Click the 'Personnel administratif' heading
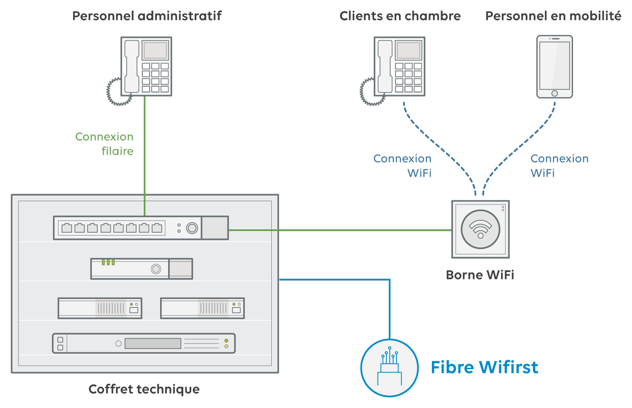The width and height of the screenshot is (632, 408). [x=147, y=16]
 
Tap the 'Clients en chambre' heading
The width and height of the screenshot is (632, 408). [x=400, y=16]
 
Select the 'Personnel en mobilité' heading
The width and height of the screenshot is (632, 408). [x=553, y=16]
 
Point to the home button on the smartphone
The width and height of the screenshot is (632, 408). [x=554, y=93]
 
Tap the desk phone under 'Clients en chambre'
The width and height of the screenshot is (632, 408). [x=399, y=67]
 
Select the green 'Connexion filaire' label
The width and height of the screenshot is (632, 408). [x=104, y=144]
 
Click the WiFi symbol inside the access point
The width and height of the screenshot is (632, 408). [x=480, y=229]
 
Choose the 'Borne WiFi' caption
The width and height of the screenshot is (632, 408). [x=480, y=275]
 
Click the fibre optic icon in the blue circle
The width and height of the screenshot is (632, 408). [x=389, y=367]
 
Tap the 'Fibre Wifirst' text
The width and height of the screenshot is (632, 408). [x=485, y=367]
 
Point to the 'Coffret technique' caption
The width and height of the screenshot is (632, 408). [x=144, y=389]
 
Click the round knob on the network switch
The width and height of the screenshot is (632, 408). [x=192, y=228]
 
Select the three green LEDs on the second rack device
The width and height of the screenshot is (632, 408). [x=108, y=262]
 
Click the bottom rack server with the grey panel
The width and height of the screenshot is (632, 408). [x=144, y=343]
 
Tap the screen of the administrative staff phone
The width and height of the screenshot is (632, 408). [x=155, y=51]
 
